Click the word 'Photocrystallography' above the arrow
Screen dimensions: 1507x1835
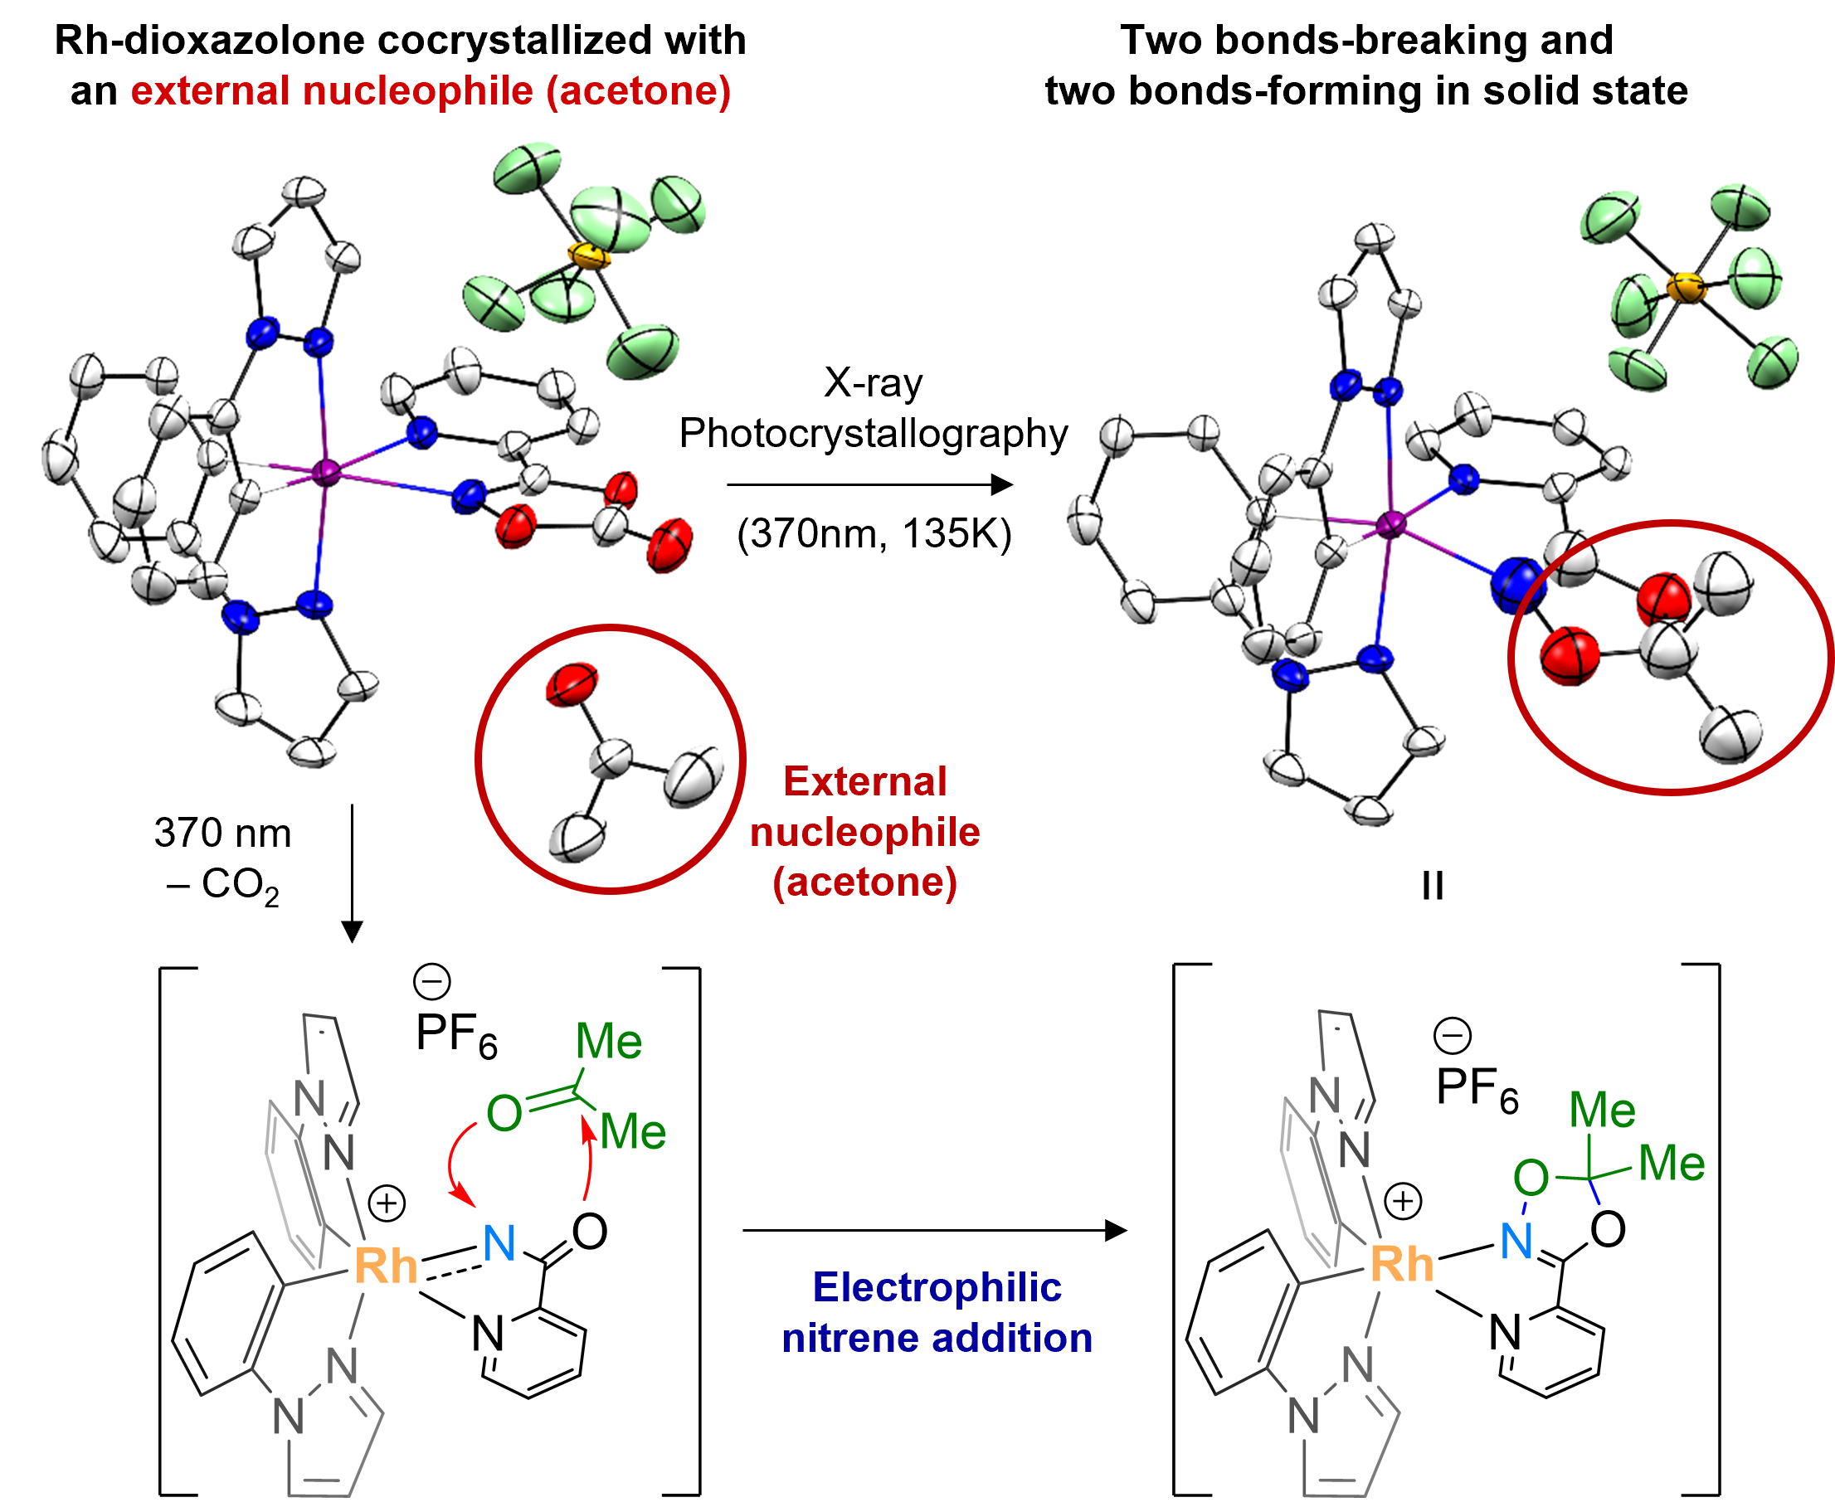click(873, 432)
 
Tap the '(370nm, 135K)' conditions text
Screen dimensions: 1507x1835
click(874, 533)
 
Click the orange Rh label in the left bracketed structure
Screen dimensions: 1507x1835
click(386, 1265)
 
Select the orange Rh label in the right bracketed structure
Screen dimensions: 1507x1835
click(1401, 1263)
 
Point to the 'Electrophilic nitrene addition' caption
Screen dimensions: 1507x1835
click(937, 1313)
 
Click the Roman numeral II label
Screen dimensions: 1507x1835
click(1432, 887)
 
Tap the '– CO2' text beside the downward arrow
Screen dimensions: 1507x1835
click(223, 886)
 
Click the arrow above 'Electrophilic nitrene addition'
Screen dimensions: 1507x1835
click(934, 1230)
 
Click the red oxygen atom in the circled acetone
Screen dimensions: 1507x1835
click(572, 683)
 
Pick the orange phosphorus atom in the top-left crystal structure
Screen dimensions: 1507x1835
click(588, 256)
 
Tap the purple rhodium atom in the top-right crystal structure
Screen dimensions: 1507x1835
click(1390, 523)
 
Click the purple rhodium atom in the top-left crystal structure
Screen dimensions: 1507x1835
click(326, 472)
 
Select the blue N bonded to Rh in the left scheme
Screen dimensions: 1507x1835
click(499, 1243)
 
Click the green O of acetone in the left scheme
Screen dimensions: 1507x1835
click(504, 1113)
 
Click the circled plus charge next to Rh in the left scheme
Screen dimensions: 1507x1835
click(387, 1204)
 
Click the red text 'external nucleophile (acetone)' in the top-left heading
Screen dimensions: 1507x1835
click(431, 90)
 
